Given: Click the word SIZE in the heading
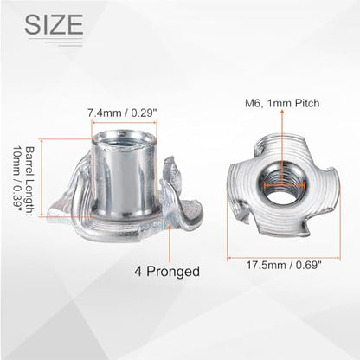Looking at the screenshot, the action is click(54, 24).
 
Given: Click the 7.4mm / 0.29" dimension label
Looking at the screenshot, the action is click(122, 112).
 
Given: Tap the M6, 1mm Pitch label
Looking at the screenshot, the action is click(282, 103).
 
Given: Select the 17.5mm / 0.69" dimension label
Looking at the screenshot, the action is click(284, 265).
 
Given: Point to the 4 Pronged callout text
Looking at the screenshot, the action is click(167, 272).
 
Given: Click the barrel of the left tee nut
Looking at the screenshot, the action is click(124, 175).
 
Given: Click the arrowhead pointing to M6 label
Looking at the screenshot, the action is click(282, 113).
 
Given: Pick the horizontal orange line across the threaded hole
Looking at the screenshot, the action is click(285, 185).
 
